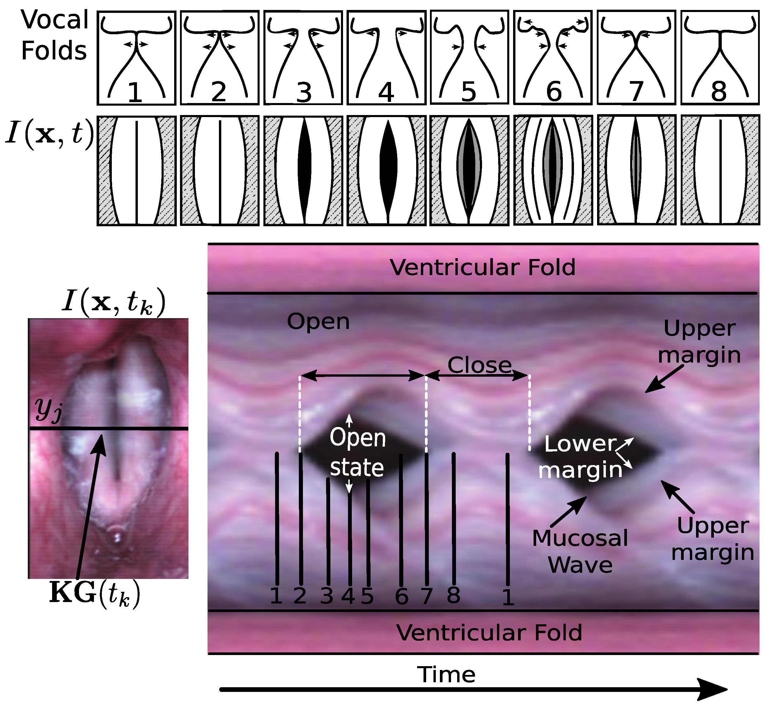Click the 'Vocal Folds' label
(x=54, y=35)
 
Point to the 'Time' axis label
(x=446, y=675)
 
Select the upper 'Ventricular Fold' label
(x=483, y=268)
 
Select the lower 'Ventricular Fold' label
(x=489, y=632)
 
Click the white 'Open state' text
(x=357, y=453)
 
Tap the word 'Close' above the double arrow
(x=480, y=365)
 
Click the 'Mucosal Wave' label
(x=580, y=551)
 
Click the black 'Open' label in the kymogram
(x=318, y=321)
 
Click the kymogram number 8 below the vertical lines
(x=454, y=595)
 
